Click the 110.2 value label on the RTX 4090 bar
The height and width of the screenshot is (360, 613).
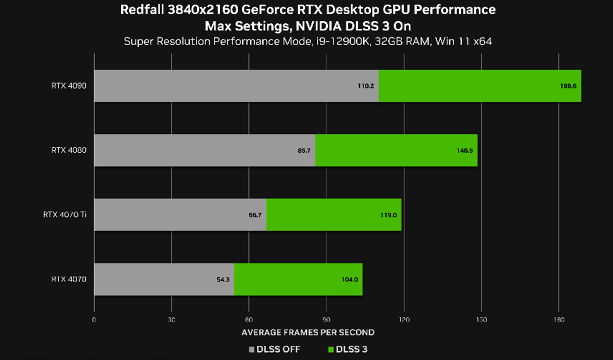366,86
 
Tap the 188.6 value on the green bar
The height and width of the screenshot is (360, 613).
568,86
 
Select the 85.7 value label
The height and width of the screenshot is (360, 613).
304,151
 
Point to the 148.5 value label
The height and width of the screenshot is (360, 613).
465,151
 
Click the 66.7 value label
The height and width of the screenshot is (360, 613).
255,215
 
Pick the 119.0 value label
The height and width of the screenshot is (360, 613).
388,215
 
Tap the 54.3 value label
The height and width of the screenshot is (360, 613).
223,280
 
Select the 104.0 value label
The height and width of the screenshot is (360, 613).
350,280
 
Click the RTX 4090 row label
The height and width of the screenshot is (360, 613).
69,86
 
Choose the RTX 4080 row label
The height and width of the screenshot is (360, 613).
69,150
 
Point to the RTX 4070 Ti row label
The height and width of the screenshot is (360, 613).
64,215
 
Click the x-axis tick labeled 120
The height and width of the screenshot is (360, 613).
404,320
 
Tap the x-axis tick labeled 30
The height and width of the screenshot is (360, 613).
171,320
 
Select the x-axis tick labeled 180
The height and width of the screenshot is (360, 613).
559,320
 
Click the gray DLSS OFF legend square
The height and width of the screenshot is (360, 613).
252,349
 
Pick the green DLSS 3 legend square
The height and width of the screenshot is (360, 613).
331,349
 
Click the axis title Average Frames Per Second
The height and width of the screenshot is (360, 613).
308,333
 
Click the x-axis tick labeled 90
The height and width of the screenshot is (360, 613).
326,320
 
